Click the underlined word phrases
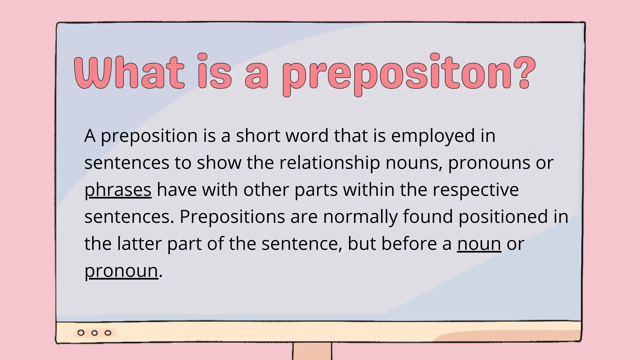pyautogui.click(x=118, y=190)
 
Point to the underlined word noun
pyautogui.click(x=479, y=244)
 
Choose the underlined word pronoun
pyautogui.click(x=121, y=271)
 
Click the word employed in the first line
pyautogui.click(x=433, y=136)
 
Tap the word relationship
pyautogui.click(x=329, y=163)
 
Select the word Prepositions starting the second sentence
pyautogui.click(x=232, y=217)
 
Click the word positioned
pyautogui.click(x=503, y=217)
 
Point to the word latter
pyautogui.click(x=139, y=244)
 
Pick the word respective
pyautogui.click(x=476, y=190)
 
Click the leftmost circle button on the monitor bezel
pyautogui.click(x=81, y=333)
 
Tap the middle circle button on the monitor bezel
pyautogui.click(x=94, y=333)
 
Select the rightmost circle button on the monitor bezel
pyautogui.click(x=108, y=333)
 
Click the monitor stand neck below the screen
pyautogui.click(x=312, y=352)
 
